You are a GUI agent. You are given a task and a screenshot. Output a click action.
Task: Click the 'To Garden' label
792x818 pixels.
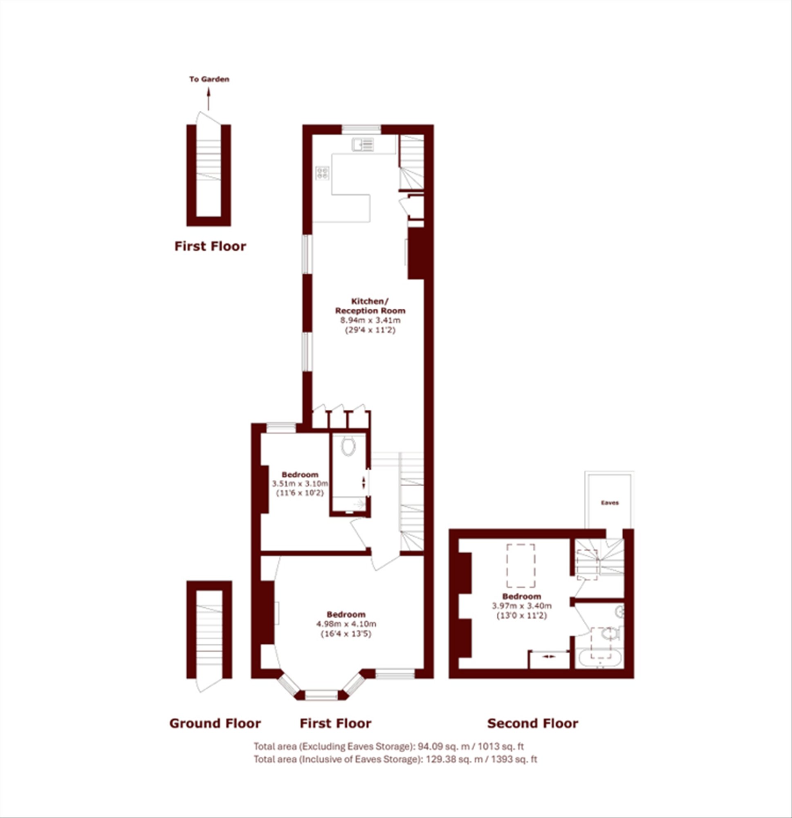point(209,79)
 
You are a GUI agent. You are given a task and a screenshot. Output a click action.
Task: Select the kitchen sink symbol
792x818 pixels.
point(363,144)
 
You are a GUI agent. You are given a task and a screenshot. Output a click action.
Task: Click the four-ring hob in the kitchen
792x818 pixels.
point(323,173)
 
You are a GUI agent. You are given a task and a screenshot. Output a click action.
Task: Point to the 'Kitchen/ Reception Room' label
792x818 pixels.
point(370,306)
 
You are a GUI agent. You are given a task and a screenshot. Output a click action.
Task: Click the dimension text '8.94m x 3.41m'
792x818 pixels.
point(370,321)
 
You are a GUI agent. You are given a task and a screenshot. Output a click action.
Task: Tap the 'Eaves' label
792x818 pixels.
point(610,503)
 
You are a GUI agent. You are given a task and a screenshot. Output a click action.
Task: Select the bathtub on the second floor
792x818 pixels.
point(600,659)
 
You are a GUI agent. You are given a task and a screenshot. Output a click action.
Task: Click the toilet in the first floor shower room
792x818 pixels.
point(348,445)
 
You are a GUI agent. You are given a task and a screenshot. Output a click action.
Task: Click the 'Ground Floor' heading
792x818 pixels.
point(215,723)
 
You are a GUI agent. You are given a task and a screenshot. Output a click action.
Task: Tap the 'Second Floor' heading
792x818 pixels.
point(533,723)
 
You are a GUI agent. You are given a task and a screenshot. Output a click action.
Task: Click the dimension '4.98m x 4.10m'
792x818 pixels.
point(346,624)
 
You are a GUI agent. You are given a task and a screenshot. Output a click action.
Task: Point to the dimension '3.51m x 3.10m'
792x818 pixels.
point(300,484)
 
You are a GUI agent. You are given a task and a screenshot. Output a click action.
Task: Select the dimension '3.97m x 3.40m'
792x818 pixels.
point(522,606)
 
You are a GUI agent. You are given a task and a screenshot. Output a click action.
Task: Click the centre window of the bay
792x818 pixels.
point(321,695)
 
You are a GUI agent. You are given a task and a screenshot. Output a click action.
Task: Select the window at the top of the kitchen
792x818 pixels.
point(361,129)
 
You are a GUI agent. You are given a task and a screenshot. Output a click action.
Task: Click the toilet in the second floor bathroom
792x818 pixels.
point(610,635)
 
